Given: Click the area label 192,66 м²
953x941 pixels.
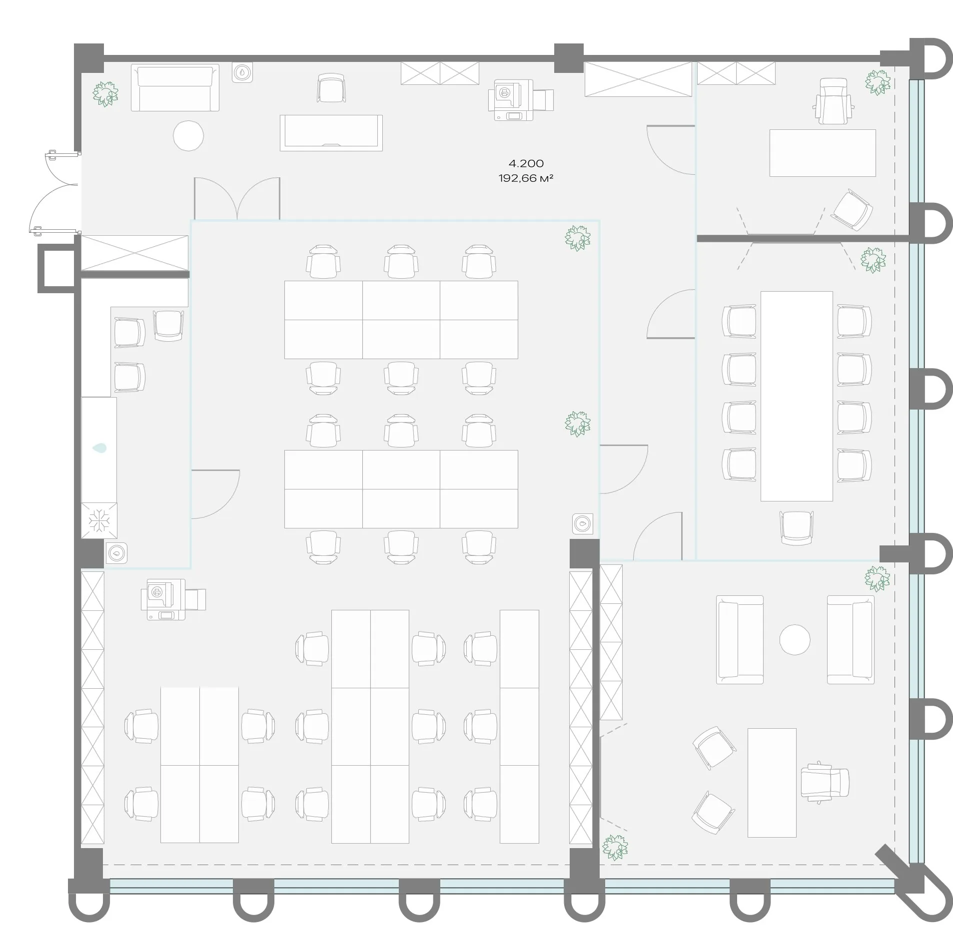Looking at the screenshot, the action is click(526, 178).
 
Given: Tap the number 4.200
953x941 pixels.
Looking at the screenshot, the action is click(526, 163).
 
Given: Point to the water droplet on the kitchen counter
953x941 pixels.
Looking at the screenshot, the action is click(99, 448).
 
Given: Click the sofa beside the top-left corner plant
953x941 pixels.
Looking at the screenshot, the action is click(175, 87).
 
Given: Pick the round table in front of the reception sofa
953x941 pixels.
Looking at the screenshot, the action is click(188, 135).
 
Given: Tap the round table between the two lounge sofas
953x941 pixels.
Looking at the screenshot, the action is click(795, 639).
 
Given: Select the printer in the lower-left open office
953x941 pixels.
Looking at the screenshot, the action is click(173, 599).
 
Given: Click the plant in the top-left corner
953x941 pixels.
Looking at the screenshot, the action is click(105, 93).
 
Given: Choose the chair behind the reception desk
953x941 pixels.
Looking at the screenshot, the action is click(331, 88).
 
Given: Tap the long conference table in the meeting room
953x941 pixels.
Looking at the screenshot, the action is click(797, 396).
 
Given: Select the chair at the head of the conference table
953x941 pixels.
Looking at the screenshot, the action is click(796, 527).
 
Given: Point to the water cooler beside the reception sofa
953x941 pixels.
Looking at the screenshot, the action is click(242, 72).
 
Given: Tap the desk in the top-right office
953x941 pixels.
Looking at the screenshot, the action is click(823, 153).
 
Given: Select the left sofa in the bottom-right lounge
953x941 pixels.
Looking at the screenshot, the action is click(740, 639).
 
